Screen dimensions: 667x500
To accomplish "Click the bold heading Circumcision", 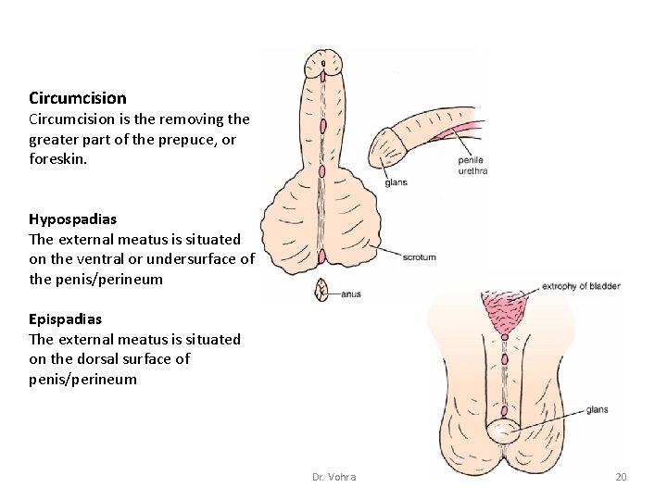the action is click(78, 97).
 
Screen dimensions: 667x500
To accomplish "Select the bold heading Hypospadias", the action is click(72, 219).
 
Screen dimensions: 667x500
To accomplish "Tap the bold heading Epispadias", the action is click(66, 319).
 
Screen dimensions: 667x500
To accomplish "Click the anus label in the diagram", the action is click(349, 294).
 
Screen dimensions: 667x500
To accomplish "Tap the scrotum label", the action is click(419, 257).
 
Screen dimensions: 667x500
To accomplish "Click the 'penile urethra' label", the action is click(471, 166).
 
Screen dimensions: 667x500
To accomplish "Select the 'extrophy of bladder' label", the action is click(580, 286).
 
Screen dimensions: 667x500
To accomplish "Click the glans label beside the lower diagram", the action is click(597, 409).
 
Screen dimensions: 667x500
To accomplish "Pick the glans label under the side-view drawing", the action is click(396, 182).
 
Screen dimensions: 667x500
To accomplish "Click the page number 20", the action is click(621, 477).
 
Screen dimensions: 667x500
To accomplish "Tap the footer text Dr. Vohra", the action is click(334, 477).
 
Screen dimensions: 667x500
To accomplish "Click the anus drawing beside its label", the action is click(322, 291).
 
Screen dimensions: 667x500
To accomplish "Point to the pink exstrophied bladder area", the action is click(504, 309).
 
